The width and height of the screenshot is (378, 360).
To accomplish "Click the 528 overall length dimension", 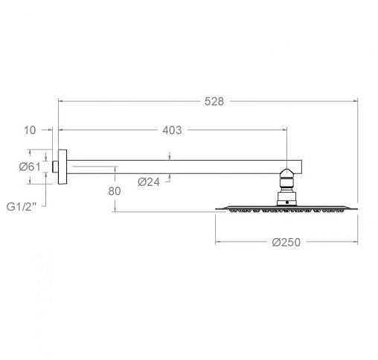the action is tap(214, 101).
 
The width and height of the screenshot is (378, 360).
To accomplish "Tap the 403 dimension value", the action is tap(172, 130).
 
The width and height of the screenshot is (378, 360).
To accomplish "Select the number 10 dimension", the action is tap(30, 130).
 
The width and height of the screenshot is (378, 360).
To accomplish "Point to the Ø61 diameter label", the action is tap(30, 167).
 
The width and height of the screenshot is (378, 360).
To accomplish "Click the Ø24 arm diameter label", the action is tap(149, 182).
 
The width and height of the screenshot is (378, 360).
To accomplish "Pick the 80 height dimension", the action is tap(115, 191).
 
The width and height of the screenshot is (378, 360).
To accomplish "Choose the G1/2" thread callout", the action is tap(22, 207).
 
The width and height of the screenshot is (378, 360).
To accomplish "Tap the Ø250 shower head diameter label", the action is tap(286, 242).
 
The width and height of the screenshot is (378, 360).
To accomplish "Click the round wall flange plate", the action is tap(63, 167).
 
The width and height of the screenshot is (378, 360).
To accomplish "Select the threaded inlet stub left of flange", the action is tap(55, 167).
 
